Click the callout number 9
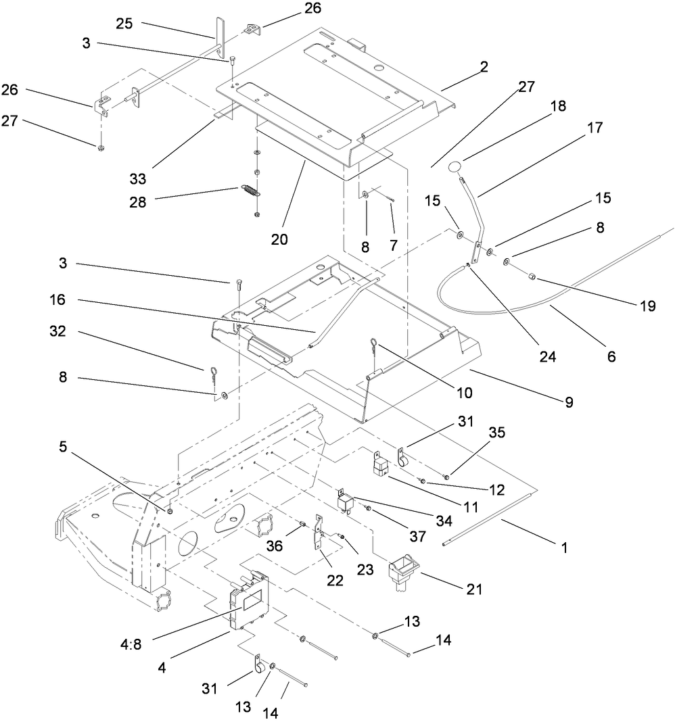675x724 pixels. click(568, 402)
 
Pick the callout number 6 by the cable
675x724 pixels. click(611, 357)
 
